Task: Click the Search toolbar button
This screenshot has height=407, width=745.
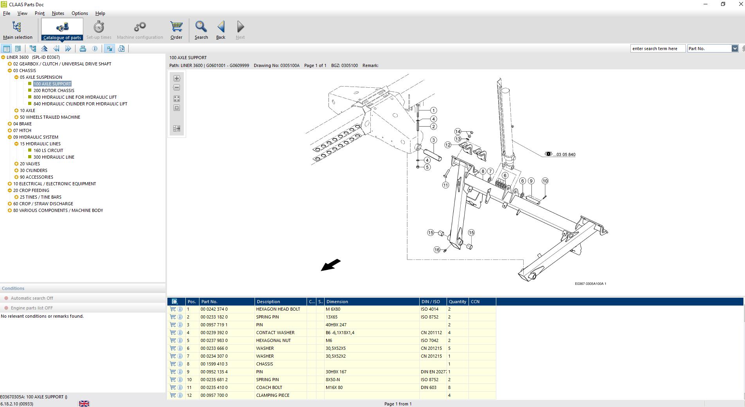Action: click(201, 30)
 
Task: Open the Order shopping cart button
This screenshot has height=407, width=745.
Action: click(176, 30)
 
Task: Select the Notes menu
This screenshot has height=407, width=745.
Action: click(58, 13)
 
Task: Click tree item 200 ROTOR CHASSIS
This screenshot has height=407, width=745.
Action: click(54, 90)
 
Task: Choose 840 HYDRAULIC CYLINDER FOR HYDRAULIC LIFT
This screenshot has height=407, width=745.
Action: click(80, 104)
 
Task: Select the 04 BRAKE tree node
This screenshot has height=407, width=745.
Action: click(22, 124)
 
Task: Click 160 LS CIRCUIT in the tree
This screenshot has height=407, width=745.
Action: click(48, 150)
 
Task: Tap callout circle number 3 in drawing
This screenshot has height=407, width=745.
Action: click(433, 140)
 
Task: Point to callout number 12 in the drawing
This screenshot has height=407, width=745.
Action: click(448, 145)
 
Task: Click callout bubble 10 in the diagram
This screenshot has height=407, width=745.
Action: click(545, 181)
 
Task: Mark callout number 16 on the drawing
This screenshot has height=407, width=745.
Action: click(437, 250)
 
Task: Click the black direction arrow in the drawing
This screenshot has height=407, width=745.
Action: click(331, 265)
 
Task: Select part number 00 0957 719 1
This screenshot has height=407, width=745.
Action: click(214, 325)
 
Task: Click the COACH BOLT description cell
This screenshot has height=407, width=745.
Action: click(269, 387)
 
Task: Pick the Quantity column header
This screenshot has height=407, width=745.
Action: click(458, 302)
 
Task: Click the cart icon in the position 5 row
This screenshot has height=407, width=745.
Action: click(173, 340)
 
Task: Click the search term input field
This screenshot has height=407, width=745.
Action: click(658, 49)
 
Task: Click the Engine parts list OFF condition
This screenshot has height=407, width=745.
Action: click(32, 308)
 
